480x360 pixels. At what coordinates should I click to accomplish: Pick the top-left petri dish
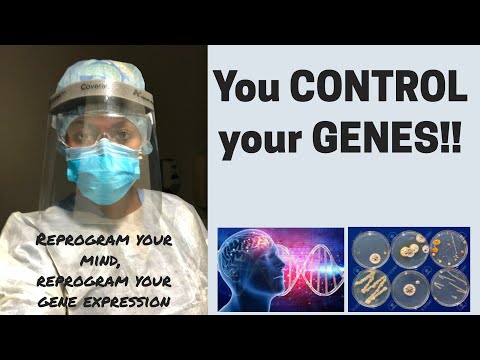[x=369, y=248]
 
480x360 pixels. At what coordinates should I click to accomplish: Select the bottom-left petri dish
[x=369, y=287]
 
